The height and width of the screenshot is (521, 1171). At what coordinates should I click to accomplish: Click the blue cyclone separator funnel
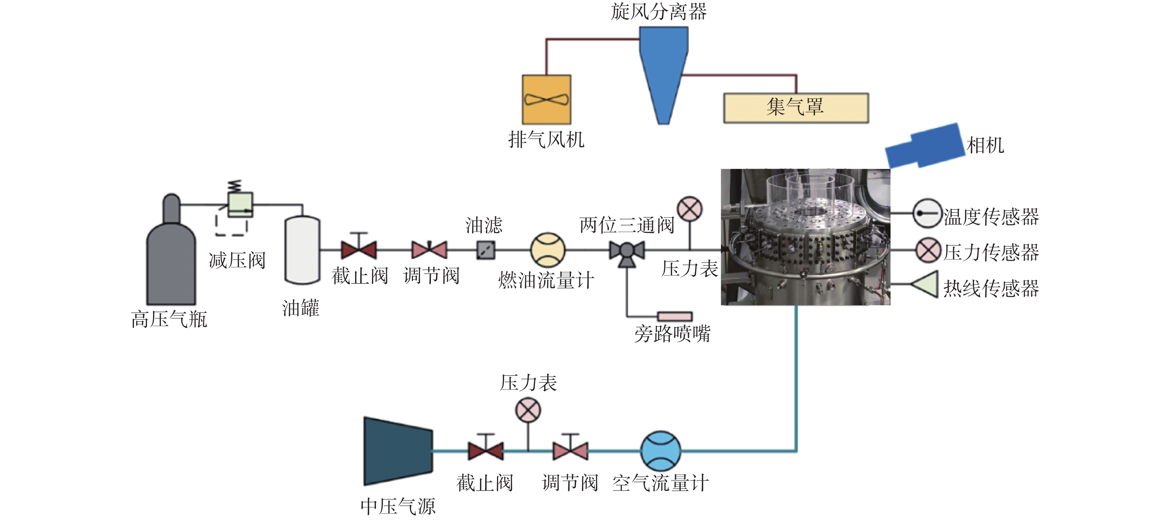click(x=663, y=64)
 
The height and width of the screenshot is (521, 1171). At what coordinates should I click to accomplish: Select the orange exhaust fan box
click(x=546, y=100)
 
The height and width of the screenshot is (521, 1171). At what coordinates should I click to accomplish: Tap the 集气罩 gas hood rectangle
click(x=796, y=108)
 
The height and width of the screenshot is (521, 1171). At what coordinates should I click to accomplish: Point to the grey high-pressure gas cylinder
click(x=171, y=259)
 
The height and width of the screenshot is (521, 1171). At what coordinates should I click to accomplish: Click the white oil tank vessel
click(x=302, y=250)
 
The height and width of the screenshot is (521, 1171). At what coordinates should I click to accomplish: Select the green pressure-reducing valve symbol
click(x=240, y=205)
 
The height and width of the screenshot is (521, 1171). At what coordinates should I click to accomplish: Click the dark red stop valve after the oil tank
click(x=359, y=250)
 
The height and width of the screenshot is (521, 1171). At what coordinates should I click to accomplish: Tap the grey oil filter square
click(x=486, y=250)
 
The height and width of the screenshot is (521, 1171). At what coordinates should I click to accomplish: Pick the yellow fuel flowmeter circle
click(x=548, y=250)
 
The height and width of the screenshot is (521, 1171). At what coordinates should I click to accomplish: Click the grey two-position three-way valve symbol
click(x=627, y=251)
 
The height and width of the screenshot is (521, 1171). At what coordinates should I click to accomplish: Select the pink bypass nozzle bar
click(x=675, y=316)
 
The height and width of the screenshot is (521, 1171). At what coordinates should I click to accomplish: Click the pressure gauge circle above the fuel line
click(x=690, y=209)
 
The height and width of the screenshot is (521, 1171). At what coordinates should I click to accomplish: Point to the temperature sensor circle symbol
click(x=927, y=213)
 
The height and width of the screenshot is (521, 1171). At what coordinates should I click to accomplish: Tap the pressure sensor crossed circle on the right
click(x=928, y=250)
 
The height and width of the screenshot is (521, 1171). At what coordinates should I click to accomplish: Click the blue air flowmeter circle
click(x=661, y=451)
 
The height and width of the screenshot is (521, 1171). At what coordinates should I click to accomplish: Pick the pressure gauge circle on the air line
click(x=528, y=410)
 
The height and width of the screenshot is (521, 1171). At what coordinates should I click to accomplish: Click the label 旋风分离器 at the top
click(x=659, y=12)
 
